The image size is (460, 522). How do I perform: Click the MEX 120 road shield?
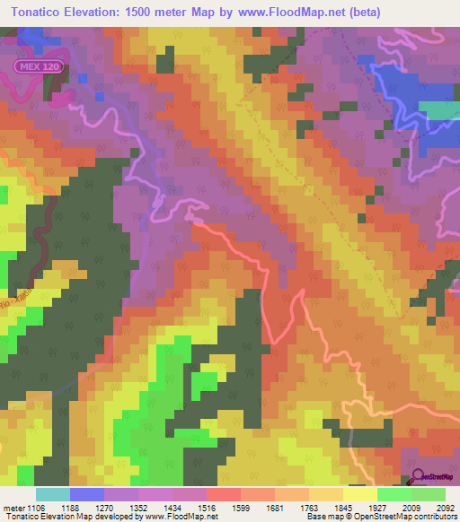(x=31, y=67)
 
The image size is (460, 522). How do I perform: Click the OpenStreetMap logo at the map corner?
(x=434, y=480)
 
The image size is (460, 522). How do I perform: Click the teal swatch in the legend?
(x=53, y=494)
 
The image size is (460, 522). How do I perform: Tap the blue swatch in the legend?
(x=87, y=494)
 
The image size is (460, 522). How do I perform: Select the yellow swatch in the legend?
(x=360, y=494)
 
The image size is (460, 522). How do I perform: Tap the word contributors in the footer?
(x=434, y=517)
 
